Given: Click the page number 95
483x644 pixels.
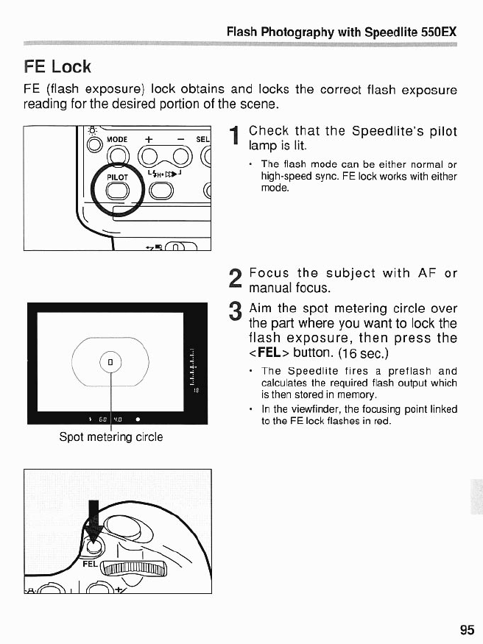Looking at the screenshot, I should (x=467, y=629).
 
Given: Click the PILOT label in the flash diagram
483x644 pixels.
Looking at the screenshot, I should (x=118, y=177).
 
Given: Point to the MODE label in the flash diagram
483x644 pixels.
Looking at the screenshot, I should (x=118, y=139).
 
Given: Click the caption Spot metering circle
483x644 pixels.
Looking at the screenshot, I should (x=111, y=437).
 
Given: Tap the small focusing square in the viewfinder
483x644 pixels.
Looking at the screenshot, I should (x=110, y=362).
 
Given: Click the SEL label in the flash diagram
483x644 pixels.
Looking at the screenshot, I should (x=203, y=139).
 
